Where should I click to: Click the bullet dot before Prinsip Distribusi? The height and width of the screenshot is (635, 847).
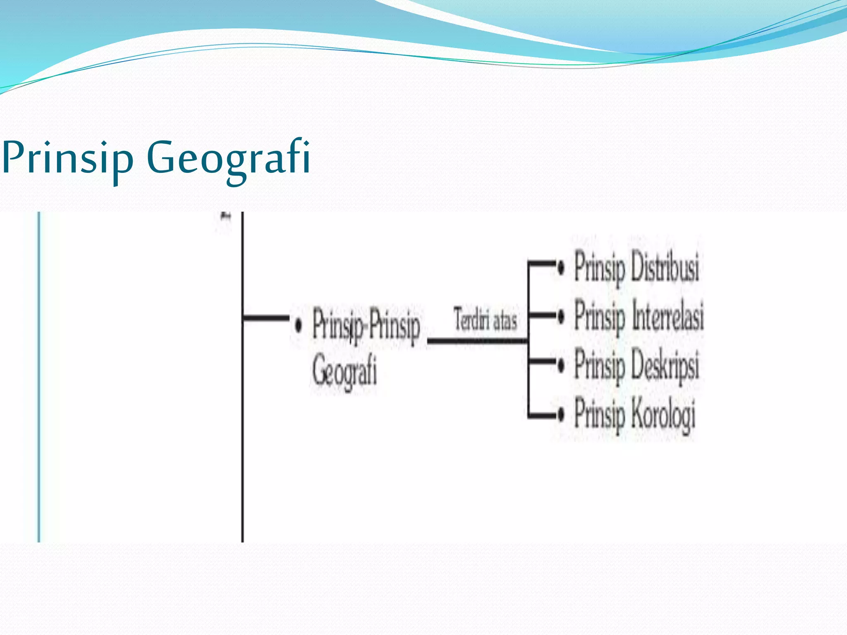pos(561,268)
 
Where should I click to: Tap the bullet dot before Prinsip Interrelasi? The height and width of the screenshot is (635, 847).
pos(561,317)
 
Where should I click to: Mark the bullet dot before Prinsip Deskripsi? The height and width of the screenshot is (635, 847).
pos(561,365)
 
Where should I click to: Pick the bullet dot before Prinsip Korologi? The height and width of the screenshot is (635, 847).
pos(561,414)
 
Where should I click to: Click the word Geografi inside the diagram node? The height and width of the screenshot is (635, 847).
pos(345,371)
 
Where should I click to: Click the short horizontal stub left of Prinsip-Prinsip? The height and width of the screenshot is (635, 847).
pos(266,318)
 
